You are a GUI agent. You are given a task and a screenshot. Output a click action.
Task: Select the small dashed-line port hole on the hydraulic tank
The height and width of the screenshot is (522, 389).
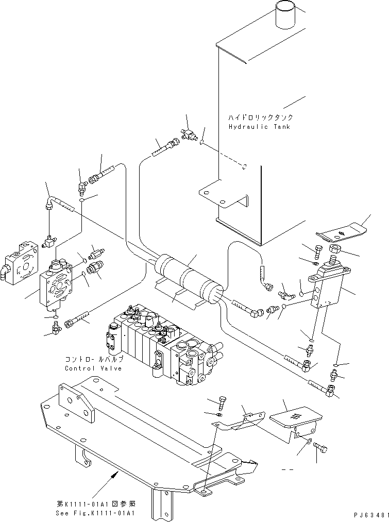[x=245, y=166]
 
